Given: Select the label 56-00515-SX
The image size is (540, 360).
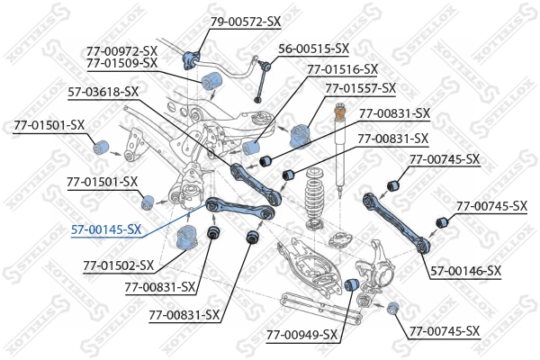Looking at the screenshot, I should pos(313,49).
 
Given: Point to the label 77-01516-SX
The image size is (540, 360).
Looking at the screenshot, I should pos(342,68).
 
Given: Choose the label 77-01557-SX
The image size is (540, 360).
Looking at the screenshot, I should pos(360,88).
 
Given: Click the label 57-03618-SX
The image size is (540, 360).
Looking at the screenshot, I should pos(103,91).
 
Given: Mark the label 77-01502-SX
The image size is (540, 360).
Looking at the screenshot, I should pos(119,265).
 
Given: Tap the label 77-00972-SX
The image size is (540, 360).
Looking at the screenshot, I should pos(121,50).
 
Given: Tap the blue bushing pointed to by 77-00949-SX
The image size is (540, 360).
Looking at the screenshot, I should pos(354,285).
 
